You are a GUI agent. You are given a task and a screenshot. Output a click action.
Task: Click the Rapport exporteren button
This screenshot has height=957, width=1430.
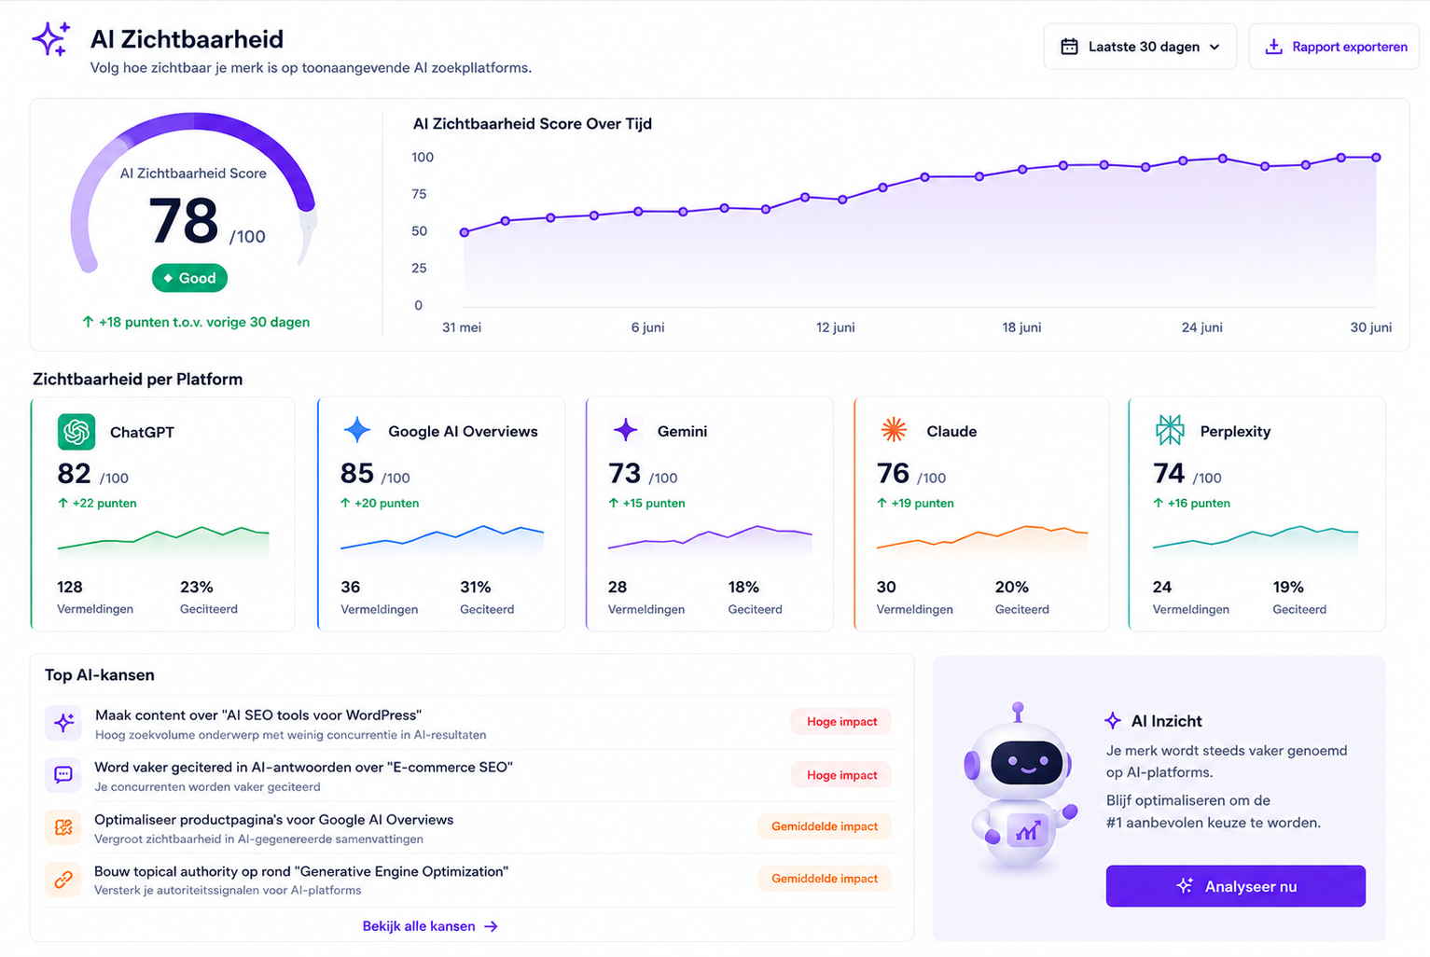(x=1334, y=47)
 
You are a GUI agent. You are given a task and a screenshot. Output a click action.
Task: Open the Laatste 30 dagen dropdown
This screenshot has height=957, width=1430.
(x=1140, y=47)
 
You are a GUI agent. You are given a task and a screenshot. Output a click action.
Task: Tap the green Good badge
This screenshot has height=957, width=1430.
(x=189, y=278)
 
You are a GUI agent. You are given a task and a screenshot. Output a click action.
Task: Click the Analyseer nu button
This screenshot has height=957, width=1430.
(x=1235, y=885)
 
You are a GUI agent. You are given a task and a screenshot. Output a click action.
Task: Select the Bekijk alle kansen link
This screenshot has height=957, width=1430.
(x=430, y=925)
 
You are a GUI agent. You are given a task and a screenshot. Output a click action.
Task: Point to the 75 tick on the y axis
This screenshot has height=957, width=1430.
(x=419, y=194)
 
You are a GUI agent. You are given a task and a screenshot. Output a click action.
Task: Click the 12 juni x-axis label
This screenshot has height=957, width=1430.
(x=835, y=327)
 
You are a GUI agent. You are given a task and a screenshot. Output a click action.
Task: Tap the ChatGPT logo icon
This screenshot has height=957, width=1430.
(x=76, y=432)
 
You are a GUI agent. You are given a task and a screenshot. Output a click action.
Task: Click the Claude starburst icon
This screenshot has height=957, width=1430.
(x=894, y=430)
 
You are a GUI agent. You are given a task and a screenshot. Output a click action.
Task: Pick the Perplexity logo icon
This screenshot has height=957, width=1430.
(x=1170, y=430)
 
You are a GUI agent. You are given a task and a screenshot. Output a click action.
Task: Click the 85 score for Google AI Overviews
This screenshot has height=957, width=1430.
(x=357, y=474)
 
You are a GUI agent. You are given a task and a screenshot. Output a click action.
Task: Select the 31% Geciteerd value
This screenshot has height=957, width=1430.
(x=476, y=587)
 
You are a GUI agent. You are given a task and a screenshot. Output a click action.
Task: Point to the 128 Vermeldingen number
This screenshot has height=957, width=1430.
(x=70, y=587)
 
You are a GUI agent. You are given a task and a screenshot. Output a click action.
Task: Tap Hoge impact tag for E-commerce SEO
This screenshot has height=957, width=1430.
(x=841, y=774)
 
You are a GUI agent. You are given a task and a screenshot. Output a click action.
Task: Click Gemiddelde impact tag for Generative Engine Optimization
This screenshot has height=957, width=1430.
(x=825, y=879)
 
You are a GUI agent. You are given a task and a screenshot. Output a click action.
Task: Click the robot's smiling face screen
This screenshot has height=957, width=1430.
(x=1026, y=762)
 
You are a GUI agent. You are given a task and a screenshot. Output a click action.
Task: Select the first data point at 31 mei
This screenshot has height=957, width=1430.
(x=465, y=232)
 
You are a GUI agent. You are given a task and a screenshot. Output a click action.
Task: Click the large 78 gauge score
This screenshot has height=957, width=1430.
(x=184, y=220)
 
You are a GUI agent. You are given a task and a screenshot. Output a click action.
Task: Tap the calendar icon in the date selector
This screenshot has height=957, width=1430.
(x=1069, y=47)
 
